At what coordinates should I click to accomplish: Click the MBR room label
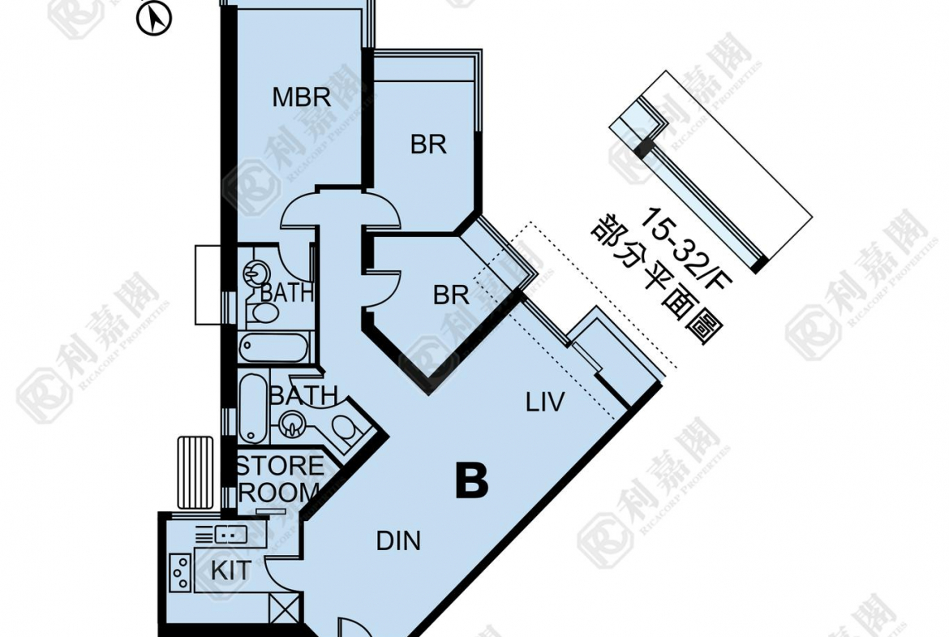pos(302,97)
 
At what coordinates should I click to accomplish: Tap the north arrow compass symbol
pos(154,19)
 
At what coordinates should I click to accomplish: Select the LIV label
pos(545,402)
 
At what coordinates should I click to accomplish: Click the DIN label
pos(398,540)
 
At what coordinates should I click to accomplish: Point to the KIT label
pos(230,570)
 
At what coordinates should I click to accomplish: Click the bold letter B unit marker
pos(472,480)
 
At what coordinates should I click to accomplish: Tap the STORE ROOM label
pos(280,479)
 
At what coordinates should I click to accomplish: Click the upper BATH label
pos(286,294)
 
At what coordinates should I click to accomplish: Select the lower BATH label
pos(303,396)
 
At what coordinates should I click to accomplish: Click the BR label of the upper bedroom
pos(428,144)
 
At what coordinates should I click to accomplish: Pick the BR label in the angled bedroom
pos(451,295)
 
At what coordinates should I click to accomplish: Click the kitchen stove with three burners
pos(180,572)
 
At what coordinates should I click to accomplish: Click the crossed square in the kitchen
pos(285,608)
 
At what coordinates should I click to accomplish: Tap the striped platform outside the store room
pos(195,473)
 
